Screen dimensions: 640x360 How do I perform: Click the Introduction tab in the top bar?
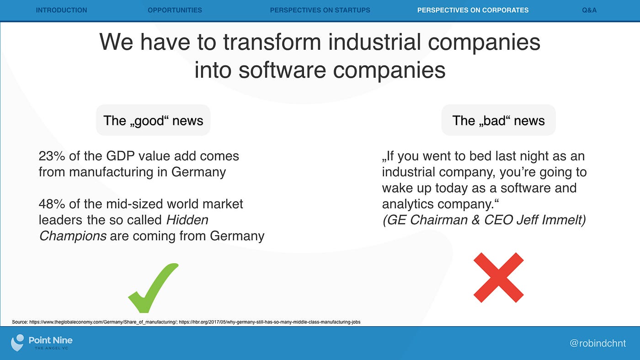pos(61,10)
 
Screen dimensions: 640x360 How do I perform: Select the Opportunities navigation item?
pos(175,10)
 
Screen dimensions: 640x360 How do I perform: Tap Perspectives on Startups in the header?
pos(320,10)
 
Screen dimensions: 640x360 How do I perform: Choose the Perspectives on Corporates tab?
pos(473,10)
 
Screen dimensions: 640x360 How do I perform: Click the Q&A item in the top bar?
pos(589,10)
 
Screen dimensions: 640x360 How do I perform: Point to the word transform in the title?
pos(272,42)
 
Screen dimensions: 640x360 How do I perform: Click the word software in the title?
pos(283,70)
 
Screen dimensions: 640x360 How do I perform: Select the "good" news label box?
pos(153,120)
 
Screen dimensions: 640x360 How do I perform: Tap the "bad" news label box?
pos(499,120)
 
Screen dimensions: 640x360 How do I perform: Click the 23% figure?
pos(52,156)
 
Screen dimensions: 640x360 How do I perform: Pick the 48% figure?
pos(52,204)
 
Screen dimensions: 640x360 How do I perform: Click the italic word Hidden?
pos(187,220)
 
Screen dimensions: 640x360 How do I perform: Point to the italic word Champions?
pos(73,236)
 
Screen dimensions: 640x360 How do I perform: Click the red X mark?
pos(499,277)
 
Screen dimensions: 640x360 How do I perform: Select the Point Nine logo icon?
pos(17,343)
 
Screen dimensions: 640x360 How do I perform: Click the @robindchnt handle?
pos(598,343)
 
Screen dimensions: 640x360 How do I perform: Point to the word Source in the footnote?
pos(20,322)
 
